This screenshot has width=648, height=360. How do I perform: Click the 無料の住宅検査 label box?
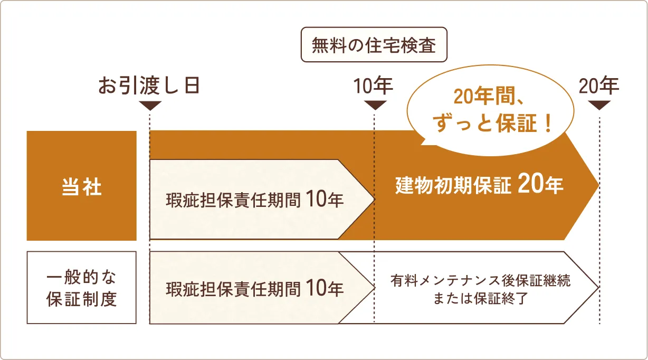coord(374,45)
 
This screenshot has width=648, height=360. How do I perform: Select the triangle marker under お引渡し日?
coord(150,105)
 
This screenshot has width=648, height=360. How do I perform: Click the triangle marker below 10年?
coord(375,105)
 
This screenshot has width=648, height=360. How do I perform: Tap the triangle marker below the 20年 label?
coord(599,105)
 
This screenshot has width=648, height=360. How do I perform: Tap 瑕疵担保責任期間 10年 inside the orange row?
coord(255,200)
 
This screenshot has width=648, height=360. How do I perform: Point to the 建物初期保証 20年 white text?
coord(479,185)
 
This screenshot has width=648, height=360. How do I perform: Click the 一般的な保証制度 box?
coord(81,288)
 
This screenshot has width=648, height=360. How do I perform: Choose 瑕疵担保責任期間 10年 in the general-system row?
coord(255,288)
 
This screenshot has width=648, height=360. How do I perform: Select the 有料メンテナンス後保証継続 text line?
coord(480,279)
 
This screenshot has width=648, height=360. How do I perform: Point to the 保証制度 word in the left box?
coord(81,299)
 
